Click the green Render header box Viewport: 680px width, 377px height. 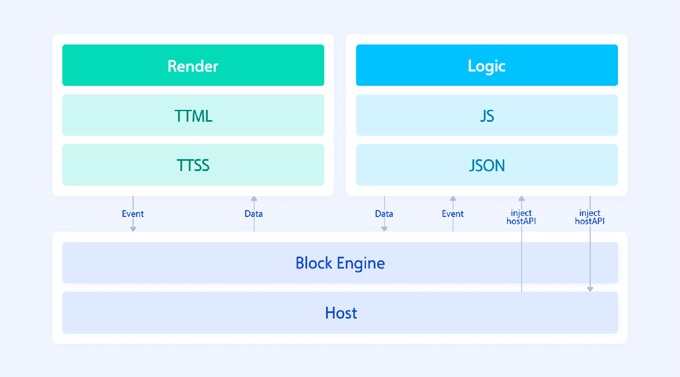(193, 65)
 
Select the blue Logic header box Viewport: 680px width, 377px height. (487, 65)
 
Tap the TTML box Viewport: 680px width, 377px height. (193, 115)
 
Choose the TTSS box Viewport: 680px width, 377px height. (193, 165)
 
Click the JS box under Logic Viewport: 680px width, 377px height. (487, 115)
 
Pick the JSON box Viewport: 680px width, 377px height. (487, 165)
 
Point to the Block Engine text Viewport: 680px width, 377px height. (340, 263)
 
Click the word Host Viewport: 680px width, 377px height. (341, 313)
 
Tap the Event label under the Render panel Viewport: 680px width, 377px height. (133, 214)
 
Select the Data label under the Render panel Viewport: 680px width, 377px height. (254, 214)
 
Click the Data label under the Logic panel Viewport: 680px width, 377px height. (384, 214)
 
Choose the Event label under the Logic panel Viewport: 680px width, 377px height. (453, 214)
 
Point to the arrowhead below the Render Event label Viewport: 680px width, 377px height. (133, 229)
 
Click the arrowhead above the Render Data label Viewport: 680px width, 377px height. (254, 199)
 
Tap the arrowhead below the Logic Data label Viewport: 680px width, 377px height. (385, 229)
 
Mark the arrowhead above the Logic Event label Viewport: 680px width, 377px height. (453, 199)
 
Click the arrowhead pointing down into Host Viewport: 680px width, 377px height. (590, 289)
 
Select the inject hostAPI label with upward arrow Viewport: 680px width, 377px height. (521, 217)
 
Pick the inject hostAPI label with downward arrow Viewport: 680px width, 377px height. (590, 217)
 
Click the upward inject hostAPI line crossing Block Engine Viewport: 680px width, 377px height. (521, 263)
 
